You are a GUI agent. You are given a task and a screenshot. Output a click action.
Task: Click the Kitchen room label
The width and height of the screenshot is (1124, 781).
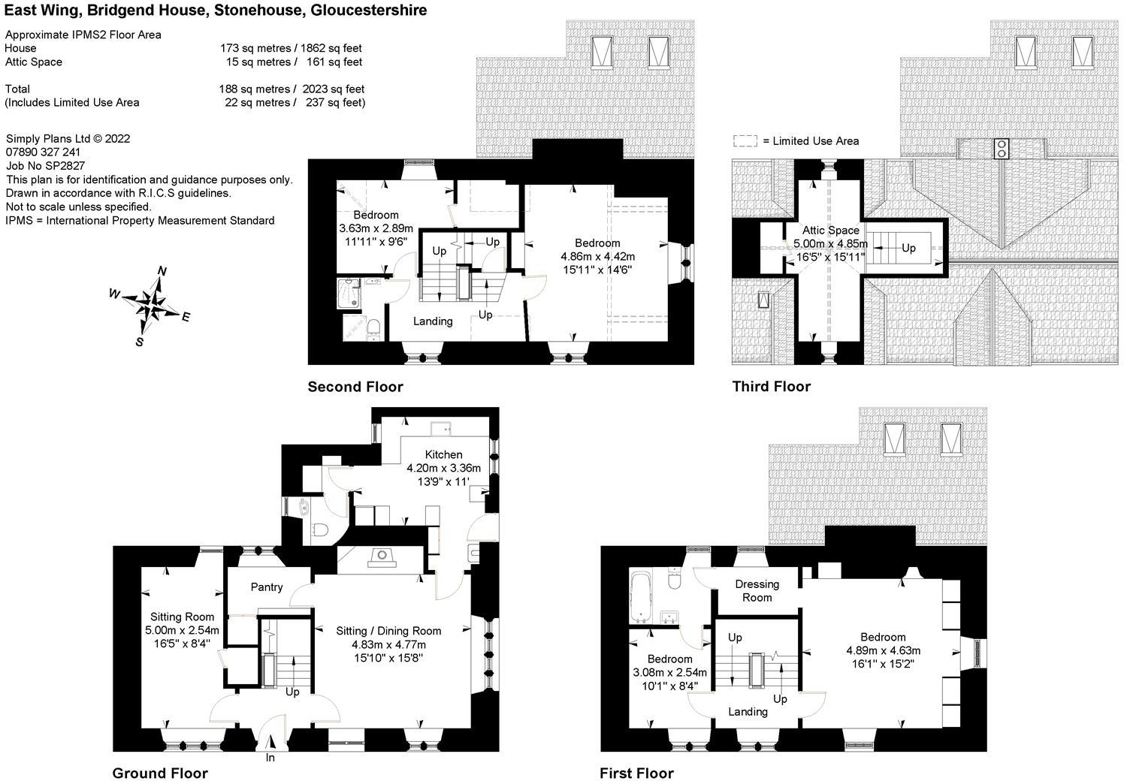pyautogui.click(x=443, y=454)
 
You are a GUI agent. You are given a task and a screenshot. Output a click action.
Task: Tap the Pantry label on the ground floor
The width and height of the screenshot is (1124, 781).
pyautogui.click(x=267, y=587)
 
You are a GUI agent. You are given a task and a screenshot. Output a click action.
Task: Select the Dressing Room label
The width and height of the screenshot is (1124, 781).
pyautogui.click(x=757, y=591)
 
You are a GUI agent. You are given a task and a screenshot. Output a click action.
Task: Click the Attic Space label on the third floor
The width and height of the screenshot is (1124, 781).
pyautogui.click(x=830, y=231)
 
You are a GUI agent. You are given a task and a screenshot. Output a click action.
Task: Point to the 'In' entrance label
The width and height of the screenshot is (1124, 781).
pyautogui.click(x=270, y=758)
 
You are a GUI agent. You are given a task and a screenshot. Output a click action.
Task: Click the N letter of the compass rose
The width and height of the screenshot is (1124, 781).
pyautogui.click(x=162, y=271)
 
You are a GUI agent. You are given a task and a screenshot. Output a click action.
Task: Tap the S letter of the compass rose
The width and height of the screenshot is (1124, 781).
pyautogui.click(x=140, y=342)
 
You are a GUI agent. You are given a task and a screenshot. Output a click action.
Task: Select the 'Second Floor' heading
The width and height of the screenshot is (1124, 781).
pyautogui.click(x=355, y=387)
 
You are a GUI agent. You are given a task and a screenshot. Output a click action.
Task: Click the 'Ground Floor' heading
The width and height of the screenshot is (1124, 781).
pyautogui.click(x=160, y=773)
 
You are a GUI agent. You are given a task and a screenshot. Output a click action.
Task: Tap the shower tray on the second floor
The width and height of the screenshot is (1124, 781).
pyautogui.click(x=349, y=292)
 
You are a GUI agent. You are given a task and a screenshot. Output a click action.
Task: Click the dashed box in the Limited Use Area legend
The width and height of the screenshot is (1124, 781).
pyautogui.click(x=745, y=141)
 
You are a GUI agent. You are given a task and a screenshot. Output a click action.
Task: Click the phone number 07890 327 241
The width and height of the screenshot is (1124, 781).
pyautogui.click(x=43, y=152)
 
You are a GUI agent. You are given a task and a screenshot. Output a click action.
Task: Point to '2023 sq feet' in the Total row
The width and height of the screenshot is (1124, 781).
pyautogui.click(x=333, y=89)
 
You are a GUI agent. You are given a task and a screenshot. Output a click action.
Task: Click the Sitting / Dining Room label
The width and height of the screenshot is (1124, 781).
pyautogui.click(x=388, y=631)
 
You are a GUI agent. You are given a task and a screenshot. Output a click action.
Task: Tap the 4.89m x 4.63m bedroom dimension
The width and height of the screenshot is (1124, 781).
pyautogui.click(x=883, y=650)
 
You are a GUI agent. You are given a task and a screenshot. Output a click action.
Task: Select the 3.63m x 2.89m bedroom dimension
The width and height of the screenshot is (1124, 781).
pyautogui.click(x=376, y=228)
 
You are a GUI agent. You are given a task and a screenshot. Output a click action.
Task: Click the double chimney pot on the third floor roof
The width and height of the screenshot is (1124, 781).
pyautogui.click(x=1001, y=149)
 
